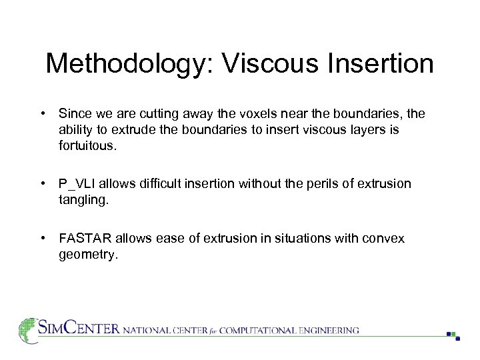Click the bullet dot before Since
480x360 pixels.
click(42, 114)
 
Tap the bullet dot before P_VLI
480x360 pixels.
click(42, 183)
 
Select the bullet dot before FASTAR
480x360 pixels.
click(42, 239)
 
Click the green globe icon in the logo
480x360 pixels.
click(27, 330)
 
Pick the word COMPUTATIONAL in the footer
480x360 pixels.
click(255, 330)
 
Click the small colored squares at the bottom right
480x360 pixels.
click(453, 335)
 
